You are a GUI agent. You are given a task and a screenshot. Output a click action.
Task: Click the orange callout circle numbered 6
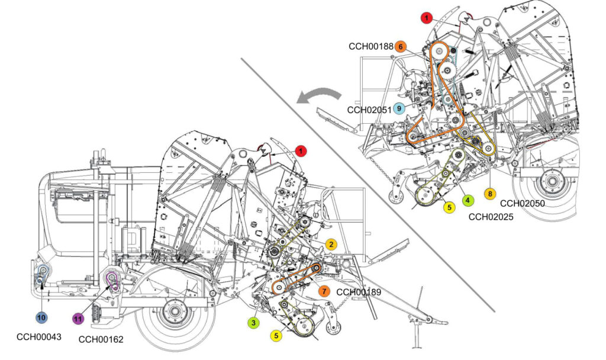coord(401,46)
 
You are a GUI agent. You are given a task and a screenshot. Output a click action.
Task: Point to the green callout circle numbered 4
coord(468,201)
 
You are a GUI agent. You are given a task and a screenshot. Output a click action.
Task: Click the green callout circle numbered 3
coord(253,323)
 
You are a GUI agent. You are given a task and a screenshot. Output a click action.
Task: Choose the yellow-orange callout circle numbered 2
coord(332,244)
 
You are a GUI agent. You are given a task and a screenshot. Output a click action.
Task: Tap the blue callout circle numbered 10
coord(41,318)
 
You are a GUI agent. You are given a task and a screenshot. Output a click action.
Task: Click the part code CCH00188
coord(369,46)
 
